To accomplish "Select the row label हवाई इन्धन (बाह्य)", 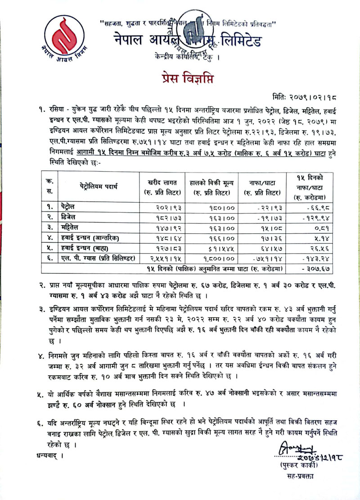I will click(85, 248).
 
